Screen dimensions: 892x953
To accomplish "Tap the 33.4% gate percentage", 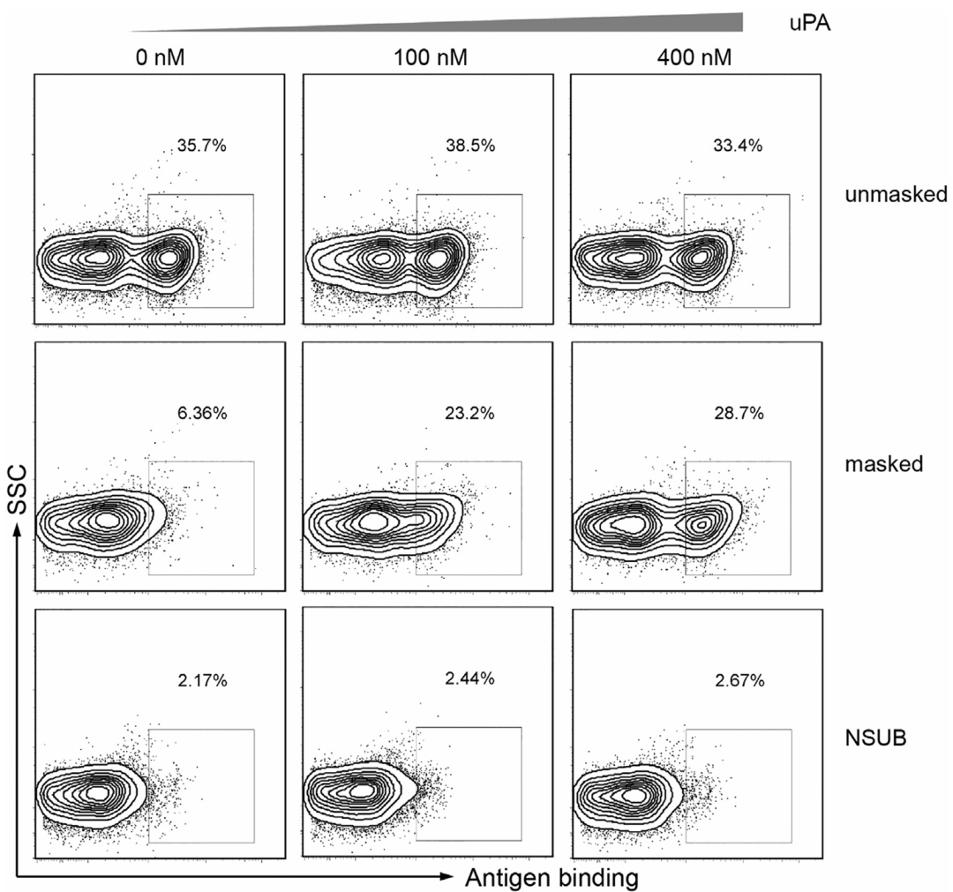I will [738, 146].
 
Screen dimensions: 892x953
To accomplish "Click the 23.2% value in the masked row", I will [469, 413].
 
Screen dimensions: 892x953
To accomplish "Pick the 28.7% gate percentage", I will [738, 413].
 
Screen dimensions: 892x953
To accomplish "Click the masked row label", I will [894, 462].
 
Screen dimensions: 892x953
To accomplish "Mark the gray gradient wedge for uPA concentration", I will [529, 23].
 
